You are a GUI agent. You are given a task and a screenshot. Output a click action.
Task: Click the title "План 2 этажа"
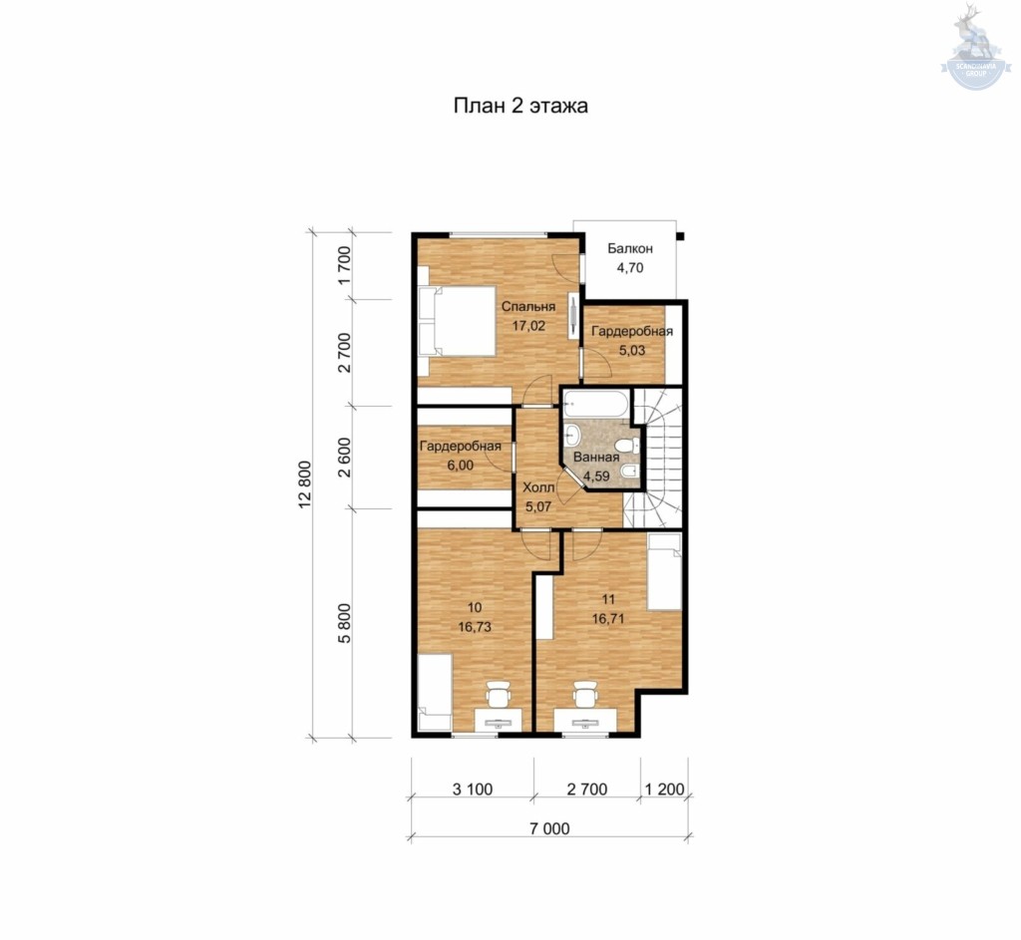click(x=520, y=106)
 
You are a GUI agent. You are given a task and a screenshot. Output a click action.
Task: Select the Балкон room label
click(x=630, y=248)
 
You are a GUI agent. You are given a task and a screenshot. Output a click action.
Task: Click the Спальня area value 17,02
click(x=528, y=326)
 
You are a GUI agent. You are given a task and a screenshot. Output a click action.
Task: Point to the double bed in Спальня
click(x=457, y=321)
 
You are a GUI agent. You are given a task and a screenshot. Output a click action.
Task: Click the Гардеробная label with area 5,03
click(x=631, y=331)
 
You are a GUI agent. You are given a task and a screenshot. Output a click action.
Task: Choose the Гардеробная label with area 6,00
click(x=460, y=447)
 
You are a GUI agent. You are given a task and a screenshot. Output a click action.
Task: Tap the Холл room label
click(x=538, y=486)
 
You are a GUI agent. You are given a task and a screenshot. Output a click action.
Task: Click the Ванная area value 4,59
click(x=596, y=475)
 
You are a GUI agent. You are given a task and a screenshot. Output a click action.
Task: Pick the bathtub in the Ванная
click(x=596, y=404)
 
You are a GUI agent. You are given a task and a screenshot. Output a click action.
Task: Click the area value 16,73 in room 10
click(x=474, y=627)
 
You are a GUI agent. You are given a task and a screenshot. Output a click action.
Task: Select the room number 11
click(x=608, y=599)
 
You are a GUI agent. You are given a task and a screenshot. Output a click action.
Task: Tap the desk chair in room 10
click(x=499, y=695)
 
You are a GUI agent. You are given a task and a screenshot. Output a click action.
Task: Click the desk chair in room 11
click(x=584, y=695)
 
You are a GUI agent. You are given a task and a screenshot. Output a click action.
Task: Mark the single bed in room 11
click(x=664, y=571)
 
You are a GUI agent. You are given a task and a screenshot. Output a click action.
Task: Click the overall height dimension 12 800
click(x=305, y=484)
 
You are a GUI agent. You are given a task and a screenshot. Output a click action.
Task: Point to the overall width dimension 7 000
click(x=549, y=828)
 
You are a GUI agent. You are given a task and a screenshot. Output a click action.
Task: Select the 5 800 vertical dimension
click(x=344, y=623)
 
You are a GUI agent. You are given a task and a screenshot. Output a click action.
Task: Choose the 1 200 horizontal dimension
click(x=664, y=788)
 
